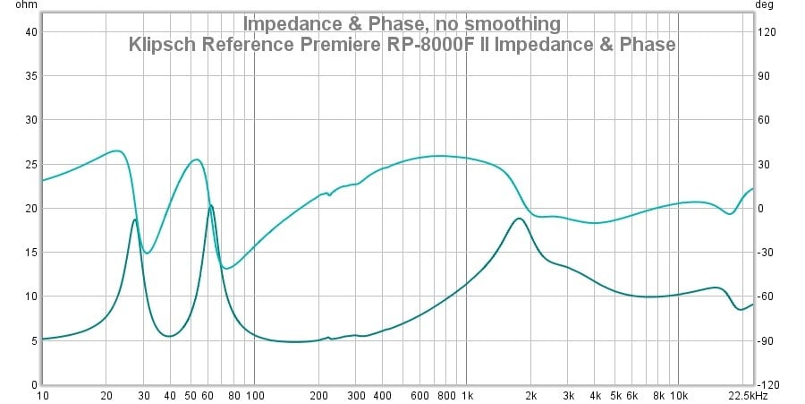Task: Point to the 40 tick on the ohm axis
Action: point(30,32)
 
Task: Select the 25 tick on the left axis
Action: point(30,165)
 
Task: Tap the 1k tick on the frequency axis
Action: point(466,395)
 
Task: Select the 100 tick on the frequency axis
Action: point(254,395)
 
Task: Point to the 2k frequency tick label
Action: point(530,395)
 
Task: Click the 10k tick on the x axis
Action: point(678,395)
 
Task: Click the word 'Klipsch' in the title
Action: point(160,44)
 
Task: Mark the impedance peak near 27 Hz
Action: point(134,219)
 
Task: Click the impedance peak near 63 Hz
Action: point(211,205)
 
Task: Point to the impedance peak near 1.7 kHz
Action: point(518,219)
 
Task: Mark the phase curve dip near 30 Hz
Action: point(148,253)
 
